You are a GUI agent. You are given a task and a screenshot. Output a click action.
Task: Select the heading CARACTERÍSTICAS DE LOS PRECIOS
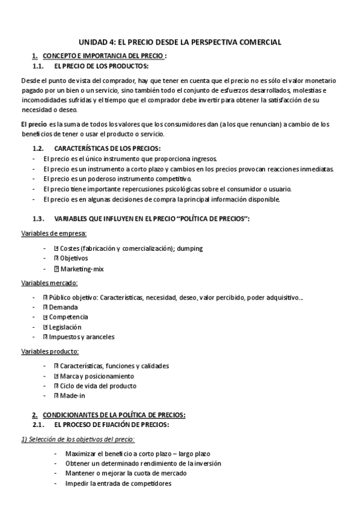click(x=108, y=148)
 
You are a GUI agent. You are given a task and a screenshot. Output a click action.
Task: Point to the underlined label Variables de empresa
click(x=54, y=233)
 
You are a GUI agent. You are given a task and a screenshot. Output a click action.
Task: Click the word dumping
click(x=189, y=248)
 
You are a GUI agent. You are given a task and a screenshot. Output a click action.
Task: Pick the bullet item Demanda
click(x=63, y=307)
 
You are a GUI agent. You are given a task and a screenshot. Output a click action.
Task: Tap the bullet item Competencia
click(x=69, y=316)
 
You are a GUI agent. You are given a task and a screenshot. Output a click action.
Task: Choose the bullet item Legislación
click(x=65, y=327)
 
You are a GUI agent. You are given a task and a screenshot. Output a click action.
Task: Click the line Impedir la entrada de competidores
click(x=118, y=483)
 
